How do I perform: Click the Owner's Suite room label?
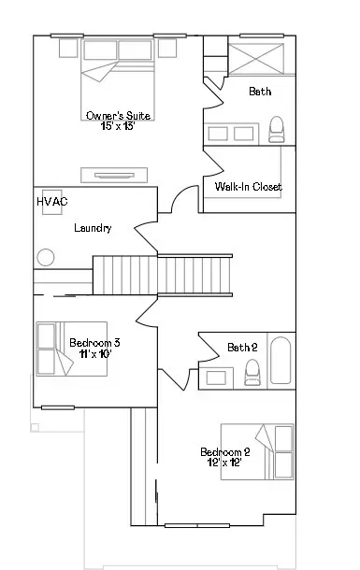[x=118, y=116]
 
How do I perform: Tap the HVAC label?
[x=52, y=202]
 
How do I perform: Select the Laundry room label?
[x=93, y=228]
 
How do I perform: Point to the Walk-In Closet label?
[x=249, y=187]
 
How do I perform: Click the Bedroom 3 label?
[x=94, y=342]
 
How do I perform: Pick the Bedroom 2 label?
[x=225, y=452]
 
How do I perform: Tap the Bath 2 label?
[x=242, y=348]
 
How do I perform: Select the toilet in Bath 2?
[x=252, y=372]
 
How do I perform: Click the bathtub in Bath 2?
[x=281, y=361]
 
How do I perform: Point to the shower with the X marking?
[x=256, y=59]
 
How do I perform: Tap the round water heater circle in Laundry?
[x=46, y=257]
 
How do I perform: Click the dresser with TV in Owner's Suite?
[x=114, y=176]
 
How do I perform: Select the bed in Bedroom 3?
[x=72, y=349]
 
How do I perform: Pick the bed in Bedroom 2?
[x=257, y=452]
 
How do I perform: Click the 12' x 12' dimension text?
[x=224, y=463]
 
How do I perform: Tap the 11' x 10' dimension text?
[x=95, y=353]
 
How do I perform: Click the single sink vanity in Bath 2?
[x=216, y=378]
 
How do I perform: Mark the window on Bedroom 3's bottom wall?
[x=58, y=407]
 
